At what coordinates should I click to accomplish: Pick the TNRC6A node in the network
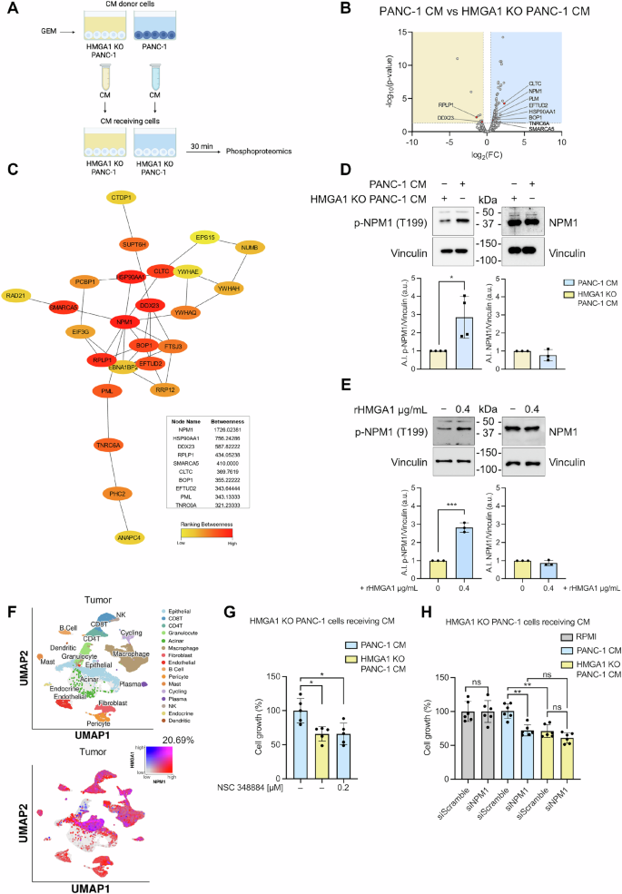tap(108, 444)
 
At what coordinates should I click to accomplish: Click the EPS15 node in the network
tap(204, 238)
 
